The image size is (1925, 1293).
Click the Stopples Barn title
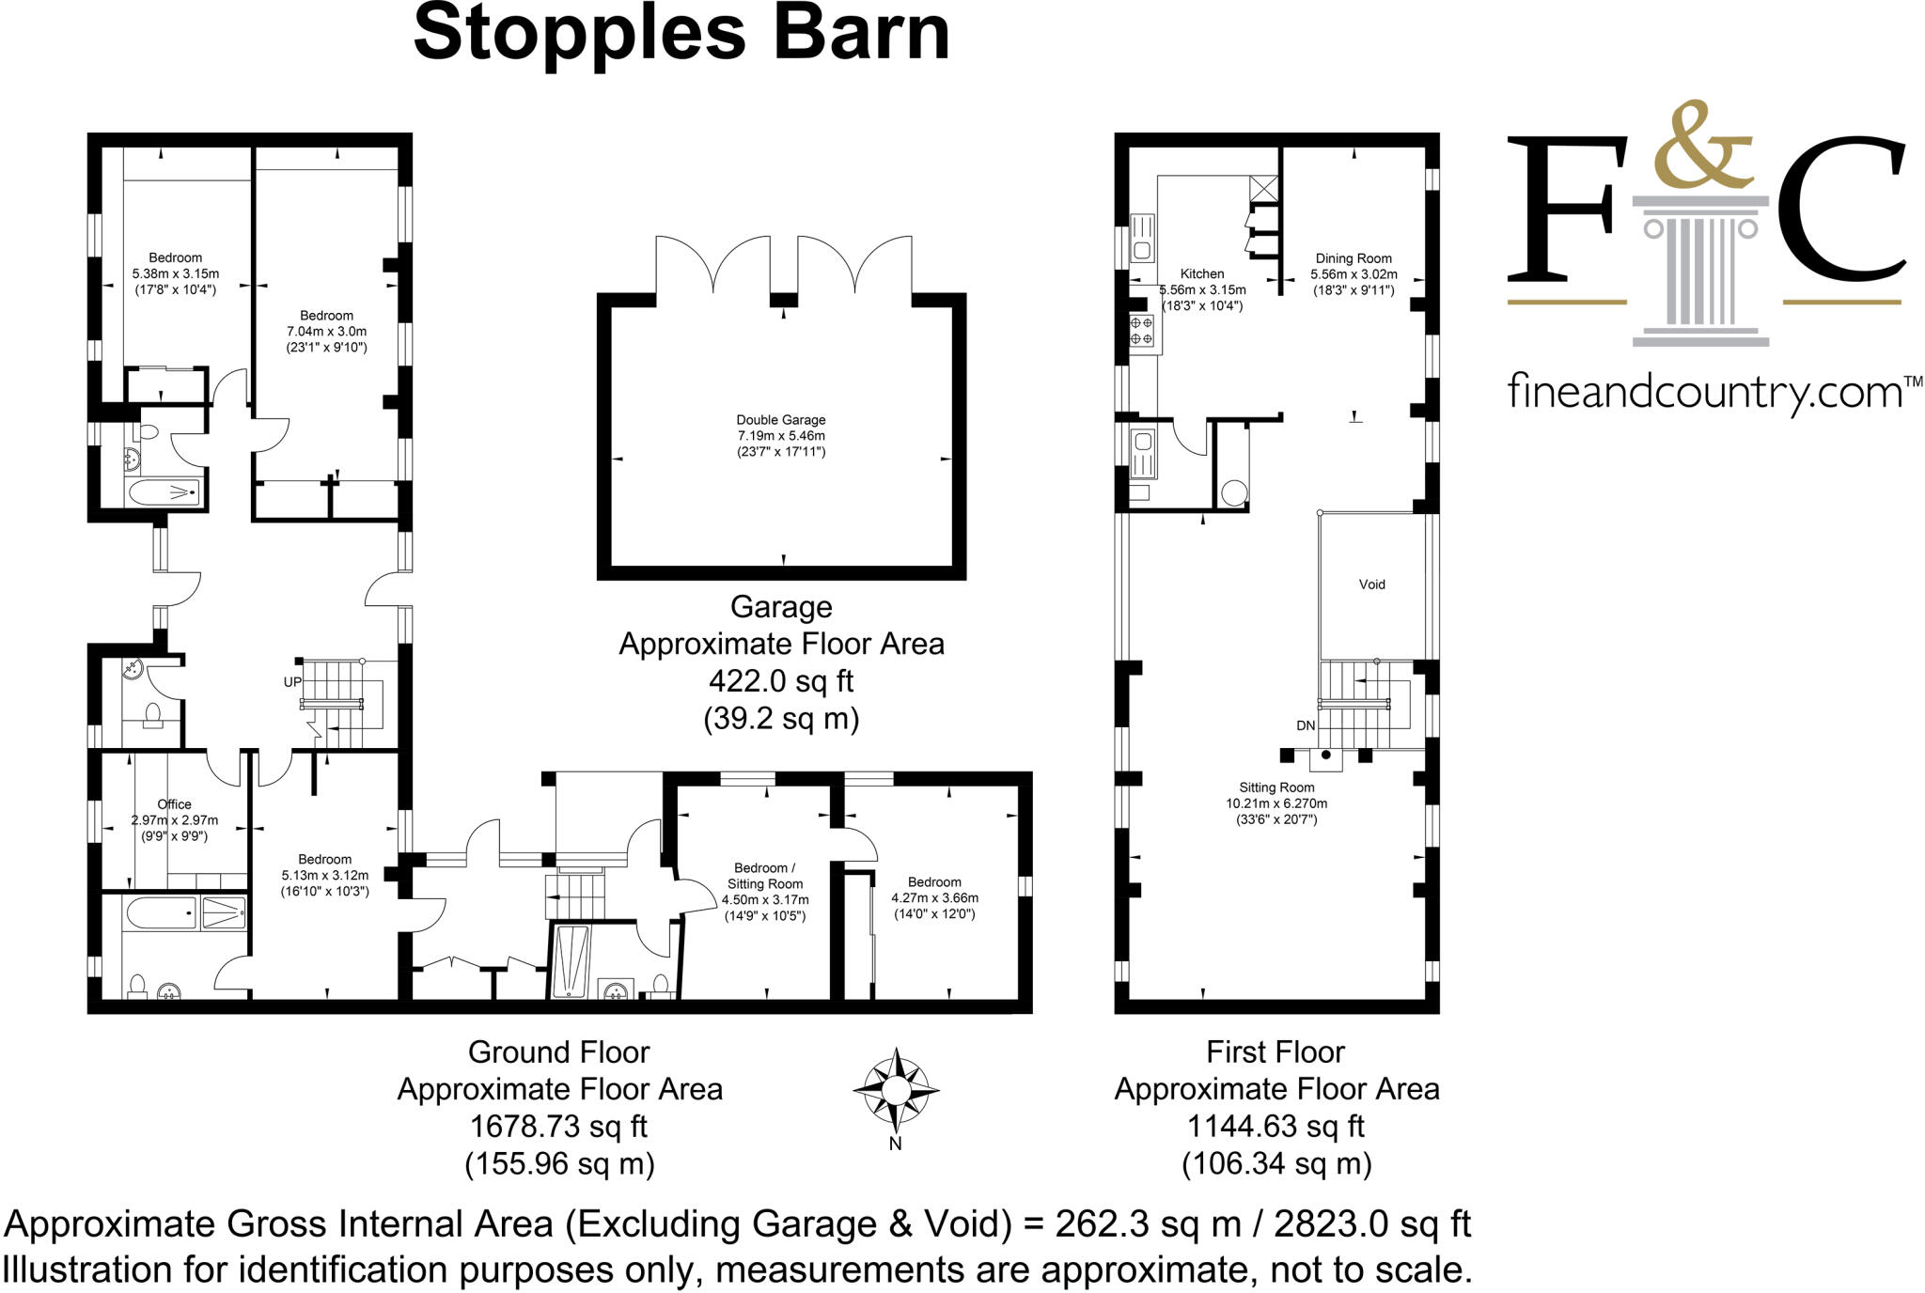[x=681, y=35]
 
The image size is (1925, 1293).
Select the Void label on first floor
[x=1371, y=584]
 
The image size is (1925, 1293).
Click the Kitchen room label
[x=1202, y=274]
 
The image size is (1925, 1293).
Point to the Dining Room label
[x=1354, y=258]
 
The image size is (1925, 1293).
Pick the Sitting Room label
[x=1276, y=787]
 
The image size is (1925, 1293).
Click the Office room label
[x=174, y=804]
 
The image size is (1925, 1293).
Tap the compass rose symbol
[x=896, y=1090]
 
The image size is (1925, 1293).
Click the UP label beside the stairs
[x=292, y=682]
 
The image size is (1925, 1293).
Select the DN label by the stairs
[x=1306, y=725]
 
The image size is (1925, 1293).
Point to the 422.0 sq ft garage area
[x=780, y=680]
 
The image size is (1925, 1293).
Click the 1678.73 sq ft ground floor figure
[x=558, y=1126]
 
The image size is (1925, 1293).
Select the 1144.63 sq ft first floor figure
[x=1276, y=1126]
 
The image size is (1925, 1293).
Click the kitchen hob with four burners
[x=1141, y=331]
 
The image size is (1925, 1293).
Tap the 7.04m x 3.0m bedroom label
[x=326, y=331]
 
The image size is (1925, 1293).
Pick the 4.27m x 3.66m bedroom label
[x=934, y=897]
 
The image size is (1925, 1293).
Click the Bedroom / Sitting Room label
[x=764, y=876]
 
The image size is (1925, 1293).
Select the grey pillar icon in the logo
[x=1699, y=273]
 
